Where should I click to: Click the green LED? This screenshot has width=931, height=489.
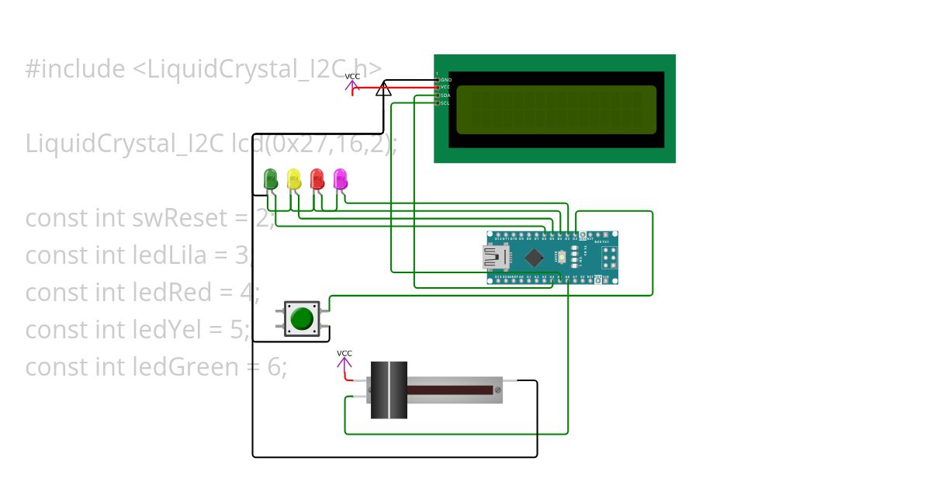[x=271, y=179]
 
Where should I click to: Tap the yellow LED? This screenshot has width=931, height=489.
[x=294, y=179]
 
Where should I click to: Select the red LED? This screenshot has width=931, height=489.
[x=317, y=179]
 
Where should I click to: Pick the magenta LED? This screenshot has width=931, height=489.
[x=340, y=179]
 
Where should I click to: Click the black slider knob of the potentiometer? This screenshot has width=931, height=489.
[x=389, y=390]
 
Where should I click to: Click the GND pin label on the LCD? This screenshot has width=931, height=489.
[x=445, y=80]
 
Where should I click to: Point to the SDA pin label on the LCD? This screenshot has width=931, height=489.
[x=445, y=95]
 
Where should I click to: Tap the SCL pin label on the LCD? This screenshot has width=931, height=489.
[x=445, y=103]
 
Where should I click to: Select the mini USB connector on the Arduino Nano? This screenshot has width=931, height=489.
[x=492, y=257]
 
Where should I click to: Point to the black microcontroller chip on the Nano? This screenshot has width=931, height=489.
[x=534, y=257]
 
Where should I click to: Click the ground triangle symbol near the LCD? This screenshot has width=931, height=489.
[x=383, y=89]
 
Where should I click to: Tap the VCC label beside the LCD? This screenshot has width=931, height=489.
[x=352, y=76]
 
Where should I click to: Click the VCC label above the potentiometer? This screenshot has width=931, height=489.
[x=344, y=354]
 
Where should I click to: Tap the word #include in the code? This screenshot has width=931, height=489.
[x=74, y=69]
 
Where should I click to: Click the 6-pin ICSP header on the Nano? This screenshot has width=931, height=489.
[x=605, y=257]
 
